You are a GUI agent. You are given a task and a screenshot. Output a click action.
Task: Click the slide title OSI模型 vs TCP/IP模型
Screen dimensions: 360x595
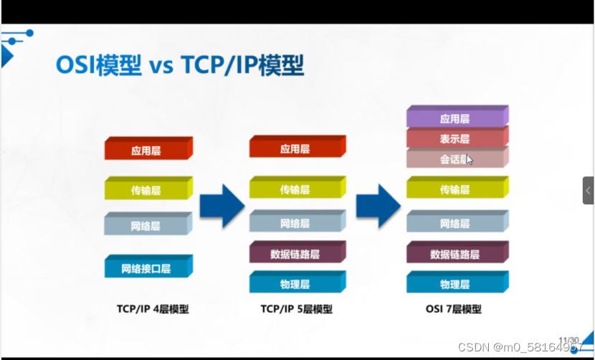180,66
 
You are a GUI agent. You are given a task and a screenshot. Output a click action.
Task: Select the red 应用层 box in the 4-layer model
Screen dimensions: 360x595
146,151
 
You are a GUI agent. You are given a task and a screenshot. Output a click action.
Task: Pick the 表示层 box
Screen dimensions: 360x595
455,139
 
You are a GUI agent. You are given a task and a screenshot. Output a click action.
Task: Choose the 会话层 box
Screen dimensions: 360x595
455,159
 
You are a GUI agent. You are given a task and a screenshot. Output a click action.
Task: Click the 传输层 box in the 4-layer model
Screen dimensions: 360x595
146,191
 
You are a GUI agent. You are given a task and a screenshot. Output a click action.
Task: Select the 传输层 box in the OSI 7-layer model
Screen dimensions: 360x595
455,190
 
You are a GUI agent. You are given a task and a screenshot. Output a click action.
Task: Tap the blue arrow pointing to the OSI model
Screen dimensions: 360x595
377,206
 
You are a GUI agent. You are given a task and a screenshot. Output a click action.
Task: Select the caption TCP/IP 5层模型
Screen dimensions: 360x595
296,310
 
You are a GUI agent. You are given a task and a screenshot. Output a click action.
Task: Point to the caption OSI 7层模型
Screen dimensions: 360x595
453,310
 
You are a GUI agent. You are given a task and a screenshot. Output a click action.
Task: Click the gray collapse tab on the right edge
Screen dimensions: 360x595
588,191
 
